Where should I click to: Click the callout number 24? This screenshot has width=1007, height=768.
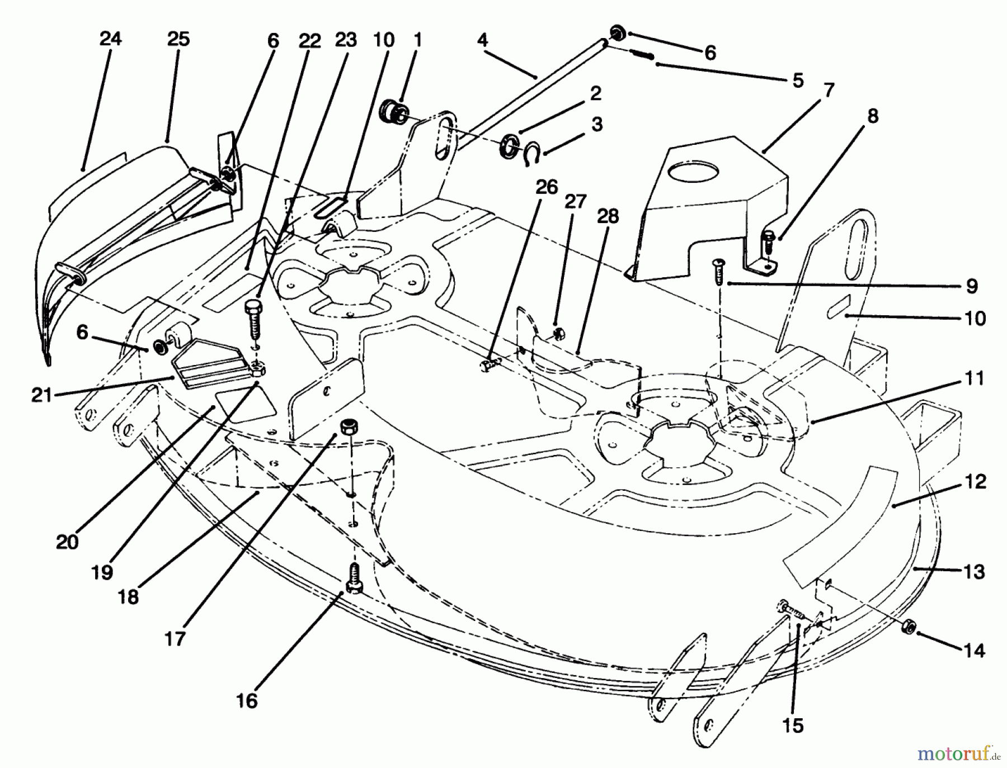110,39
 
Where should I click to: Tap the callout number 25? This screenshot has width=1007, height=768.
178,39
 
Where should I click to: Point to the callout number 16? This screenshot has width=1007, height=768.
247,700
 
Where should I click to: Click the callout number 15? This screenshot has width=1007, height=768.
793,725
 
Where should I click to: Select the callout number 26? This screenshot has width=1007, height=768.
546,187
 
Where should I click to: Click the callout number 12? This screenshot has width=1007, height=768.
976,481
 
